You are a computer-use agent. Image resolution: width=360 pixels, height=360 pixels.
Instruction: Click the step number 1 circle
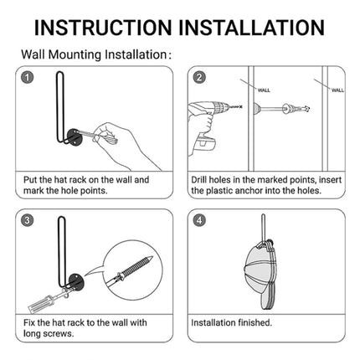[27, 78]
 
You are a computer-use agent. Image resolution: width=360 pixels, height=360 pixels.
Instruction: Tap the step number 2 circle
[199, 77]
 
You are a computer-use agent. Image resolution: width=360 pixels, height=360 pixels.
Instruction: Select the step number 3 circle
[27, 220]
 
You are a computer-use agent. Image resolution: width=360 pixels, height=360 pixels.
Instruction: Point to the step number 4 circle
[199, 220]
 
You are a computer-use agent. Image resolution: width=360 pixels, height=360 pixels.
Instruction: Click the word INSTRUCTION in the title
[103, 28]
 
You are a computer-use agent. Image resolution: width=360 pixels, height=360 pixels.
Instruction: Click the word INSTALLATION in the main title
[251, 28]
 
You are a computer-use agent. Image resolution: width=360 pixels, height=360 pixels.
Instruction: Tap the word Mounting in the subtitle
[75, 54]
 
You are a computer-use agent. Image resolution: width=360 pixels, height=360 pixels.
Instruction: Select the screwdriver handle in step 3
[39, 303]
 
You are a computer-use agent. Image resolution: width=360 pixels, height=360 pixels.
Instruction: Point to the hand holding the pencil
[126, 145]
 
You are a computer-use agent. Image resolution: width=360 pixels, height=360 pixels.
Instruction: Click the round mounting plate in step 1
[74, 136]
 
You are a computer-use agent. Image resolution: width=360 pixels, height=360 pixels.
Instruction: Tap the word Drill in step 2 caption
[198, 180]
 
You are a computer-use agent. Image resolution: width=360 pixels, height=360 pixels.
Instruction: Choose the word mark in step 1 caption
[33, 191]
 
